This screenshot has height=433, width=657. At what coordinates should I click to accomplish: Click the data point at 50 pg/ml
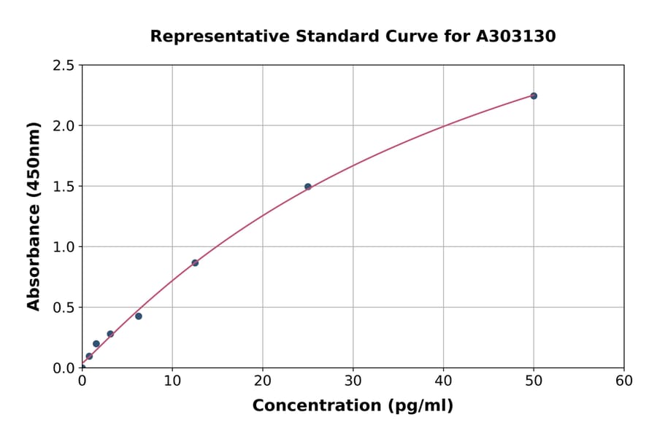pos(534,95)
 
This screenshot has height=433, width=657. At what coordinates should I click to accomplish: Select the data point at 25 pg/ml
pos(308,187)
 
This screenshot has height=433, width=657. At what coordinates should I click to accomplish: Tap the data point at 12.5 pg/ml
pos(195,262)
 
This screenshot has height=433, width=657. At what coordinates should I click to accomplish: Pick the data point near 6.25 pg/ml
pos(139,316)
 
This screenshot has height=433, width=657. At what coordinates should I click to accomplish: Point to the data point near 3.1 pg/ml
pos(110,334)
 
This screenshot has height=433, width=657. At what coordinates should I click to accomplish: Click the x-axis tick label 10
pos(172,381)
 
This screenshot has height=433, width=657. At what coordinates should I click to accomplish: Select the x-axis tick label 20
pos(263,381)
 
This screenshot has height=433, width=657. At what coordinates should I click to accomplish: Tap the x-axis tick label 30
pos(353,381)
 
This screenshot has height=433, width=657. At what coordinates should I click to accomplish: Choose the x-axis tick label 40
pos(443,381)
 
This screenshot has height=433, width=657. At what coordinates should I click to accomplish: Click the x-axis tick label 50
pos(534,381)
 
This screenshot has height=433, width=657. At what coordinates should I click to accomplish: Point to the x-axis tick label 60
pos(624,381)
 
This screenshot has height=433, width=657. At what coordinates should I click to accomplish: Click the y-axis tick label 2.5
pos(64,66)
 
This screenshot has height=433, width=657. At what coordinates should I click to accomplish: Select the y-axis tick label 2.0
pos(64,126)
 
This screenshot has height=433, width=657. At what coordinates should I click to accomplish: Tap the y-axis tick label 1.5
pos(64,187)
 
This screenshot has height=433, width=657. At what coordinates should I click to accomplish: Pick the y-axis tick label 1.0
pos(64,247)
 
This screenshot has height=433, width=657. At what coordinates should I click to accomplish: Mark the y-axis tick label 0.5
pos(64,308)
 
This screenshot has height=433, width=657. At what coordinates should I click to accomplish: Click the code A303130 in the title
pos(515,36)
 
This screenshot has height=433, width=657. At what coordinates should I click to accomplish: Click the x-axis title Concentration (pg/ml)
pos(353,406)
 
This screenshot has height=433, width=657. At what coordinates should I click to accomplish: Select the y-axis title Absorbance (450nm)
pos(34,216)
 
